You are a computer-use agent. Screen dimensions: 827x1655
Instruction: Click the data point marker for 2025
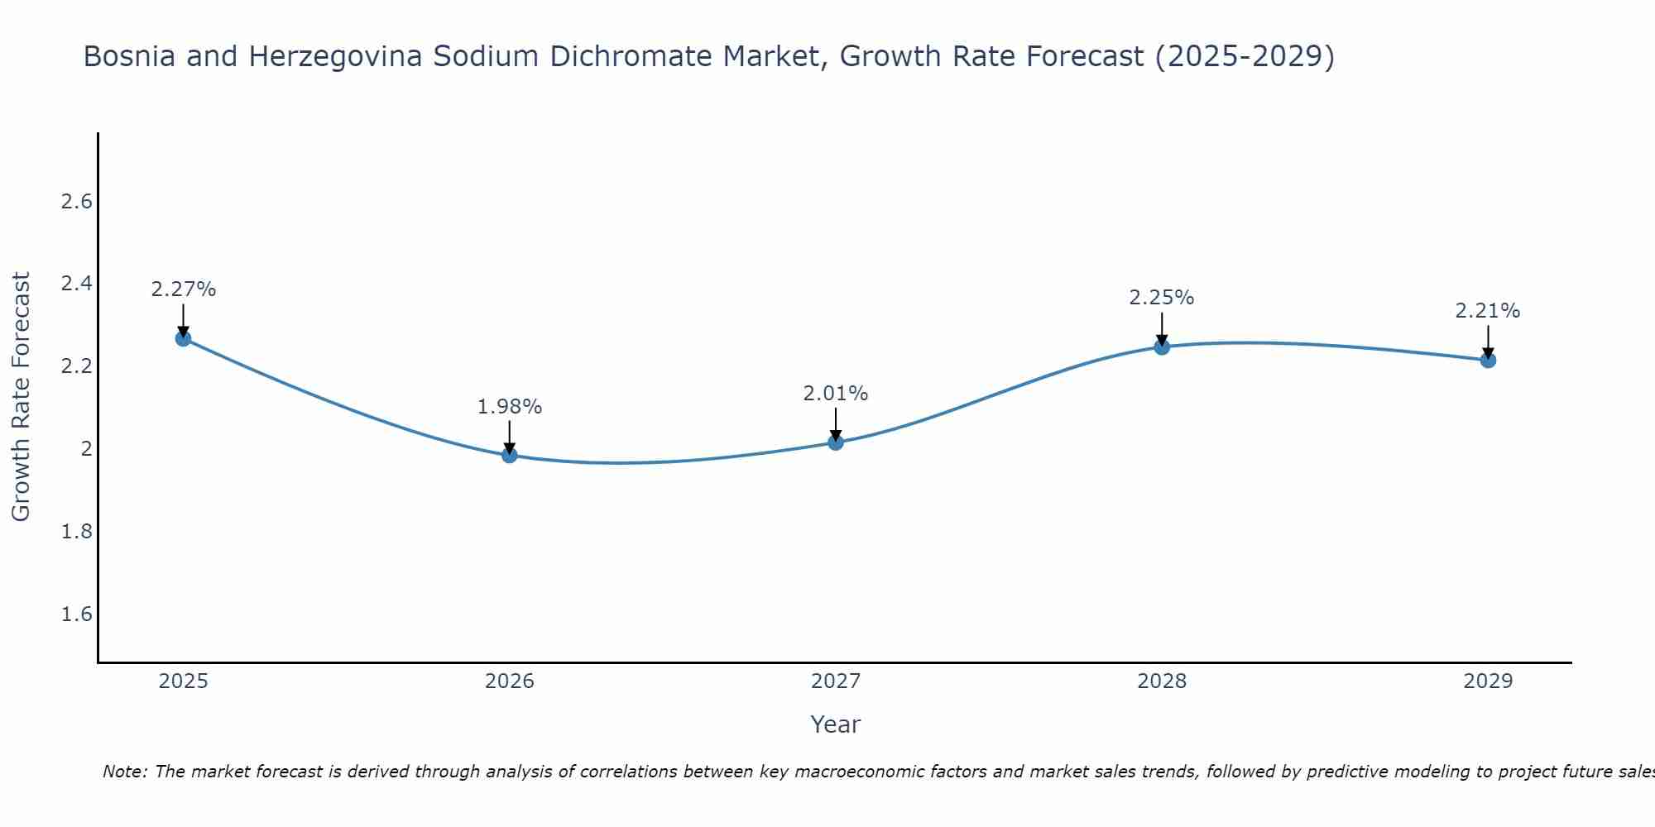[183, 338]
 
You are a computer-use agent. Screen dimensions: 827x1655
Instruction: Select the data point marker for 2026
[509, 455]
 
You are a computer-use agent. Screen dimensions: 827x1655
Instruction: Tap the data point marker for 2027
[835, 442]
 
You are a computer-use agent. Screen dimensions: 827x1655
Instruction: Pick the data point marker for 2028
[1162, 347]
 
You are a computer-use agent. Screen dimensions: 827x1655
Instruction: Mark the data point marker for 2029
[1488, 360]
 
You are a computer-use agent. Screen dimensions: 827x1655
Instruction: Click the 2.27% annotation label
[183, 289]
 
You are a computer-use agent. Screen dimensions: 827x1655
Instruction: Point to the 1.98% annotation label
[509, 407]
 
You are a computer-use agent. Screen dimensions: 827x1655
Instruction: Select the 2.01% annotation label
[835, 394]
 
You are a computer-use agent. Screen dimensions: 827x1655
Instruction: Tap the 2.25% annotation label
[1162, 298]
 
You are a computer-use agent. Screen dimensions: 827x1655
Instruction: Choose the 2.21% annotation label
[1488, 311]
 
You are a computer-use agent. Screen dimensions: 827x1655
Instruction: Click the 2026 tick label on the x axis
[509, 681]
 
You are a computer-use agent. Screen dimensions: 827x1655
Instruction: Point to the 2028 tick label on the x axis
[1162, 681]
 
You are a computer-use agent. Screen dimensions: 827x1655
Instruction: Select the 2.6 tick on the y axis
[77, 202]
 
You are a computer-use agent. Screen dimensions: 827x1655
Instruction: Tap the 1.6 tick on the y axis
[77, 614]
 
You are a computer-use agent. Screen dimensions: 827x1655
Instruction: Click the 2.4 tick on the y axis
[77, 284]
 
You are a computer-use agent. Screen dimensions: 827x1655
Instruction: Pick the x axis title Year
[835, 724]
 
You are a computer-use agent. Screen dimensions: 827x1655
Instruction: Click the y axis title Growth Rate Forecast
[22, 397]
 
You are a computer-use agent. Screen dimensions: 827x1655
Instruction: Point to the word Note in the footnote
[124, 772]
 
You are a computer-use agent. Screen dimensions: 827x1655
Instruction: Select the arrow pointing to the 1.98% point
[509, 437]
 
